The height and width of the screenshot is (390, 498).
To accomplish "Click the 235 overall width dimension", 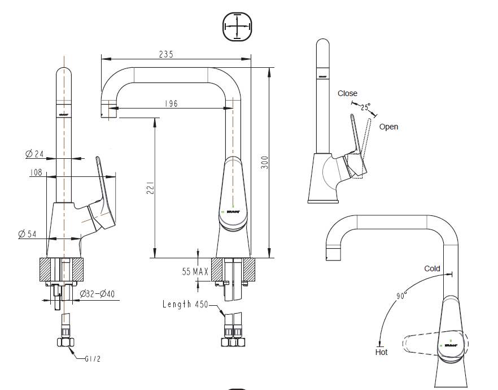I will click(165, 54).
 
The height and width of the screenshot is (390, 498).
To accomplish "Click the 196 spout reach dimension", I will click(171, 103).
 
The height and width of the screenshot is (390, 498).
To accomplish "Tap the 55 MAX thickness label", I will click(195, 272).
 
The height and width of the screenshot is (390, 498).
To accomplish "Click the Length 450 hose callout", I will click(185, 305).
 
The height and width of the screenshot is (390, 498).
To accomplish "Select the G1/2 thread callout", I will click(93, 359).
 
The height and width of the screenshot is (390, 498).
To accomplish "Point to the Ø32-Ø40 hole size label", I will click(97, 294).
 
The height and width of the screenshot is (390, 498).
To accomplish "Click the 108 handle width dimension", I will click(36, 172).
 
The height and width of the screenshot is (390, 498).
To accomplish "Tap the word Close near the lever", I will click(347, 93).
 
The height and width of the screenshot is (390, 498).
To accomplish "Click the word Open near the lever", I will click(388, 127).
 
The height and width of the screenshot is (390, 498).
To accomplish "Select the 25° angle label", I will click(365, 106).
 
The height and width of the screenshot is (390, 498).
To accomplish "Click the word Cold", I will click(432, 268).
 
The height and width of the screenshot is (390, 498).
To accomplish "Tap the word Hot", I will click(381, 352).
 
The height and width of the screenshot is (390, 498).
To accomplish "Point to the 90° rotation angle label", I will click(401, 296).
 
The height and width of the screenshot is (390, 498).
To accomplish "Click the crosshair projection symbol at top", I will click(236, 27).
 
